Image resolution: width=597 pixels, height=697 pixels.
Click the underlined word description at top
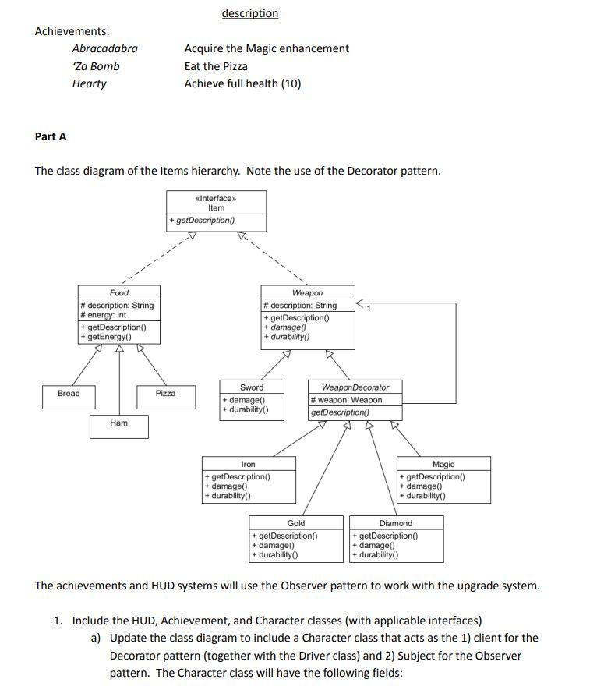point(249,13)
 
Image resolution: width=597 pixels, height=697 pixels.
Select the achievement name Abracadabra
point(104,48)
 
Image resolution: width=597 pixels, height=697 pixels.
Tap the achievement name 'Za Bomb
point(96,66)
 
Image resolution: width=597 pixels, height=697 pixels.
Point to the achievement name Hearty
point(89,83)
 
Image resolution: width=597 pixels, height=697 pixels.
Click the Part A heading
point(51,136)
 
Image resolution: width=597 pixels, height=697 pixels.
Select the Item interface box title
point(216,207)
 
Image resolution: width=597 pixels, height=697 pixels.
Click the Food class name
point(119,293)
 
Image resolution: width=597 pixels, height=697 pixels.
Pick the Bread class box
point(69,394)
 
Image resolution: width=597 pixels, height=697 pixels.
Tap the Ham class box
point(118,423)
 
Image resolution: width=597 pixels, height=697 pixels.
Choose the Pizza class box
point(165,394)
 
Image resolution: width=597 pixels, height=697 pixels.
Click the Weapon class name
point(307,293)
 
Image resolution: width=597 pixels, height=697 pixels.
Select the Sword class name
point(251,387)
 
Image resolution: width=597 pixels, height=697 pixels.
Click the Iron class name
point(248,465)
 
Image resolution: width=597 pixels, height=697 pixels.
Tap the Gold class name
point(296,523)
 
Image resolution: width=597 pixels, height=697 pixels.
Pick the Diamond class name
point(396,523)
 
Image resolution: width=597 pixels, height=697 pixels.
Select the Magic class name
point(443,465)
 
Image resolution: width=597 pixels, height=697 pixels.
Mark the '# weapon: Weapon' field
point(346,400)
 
